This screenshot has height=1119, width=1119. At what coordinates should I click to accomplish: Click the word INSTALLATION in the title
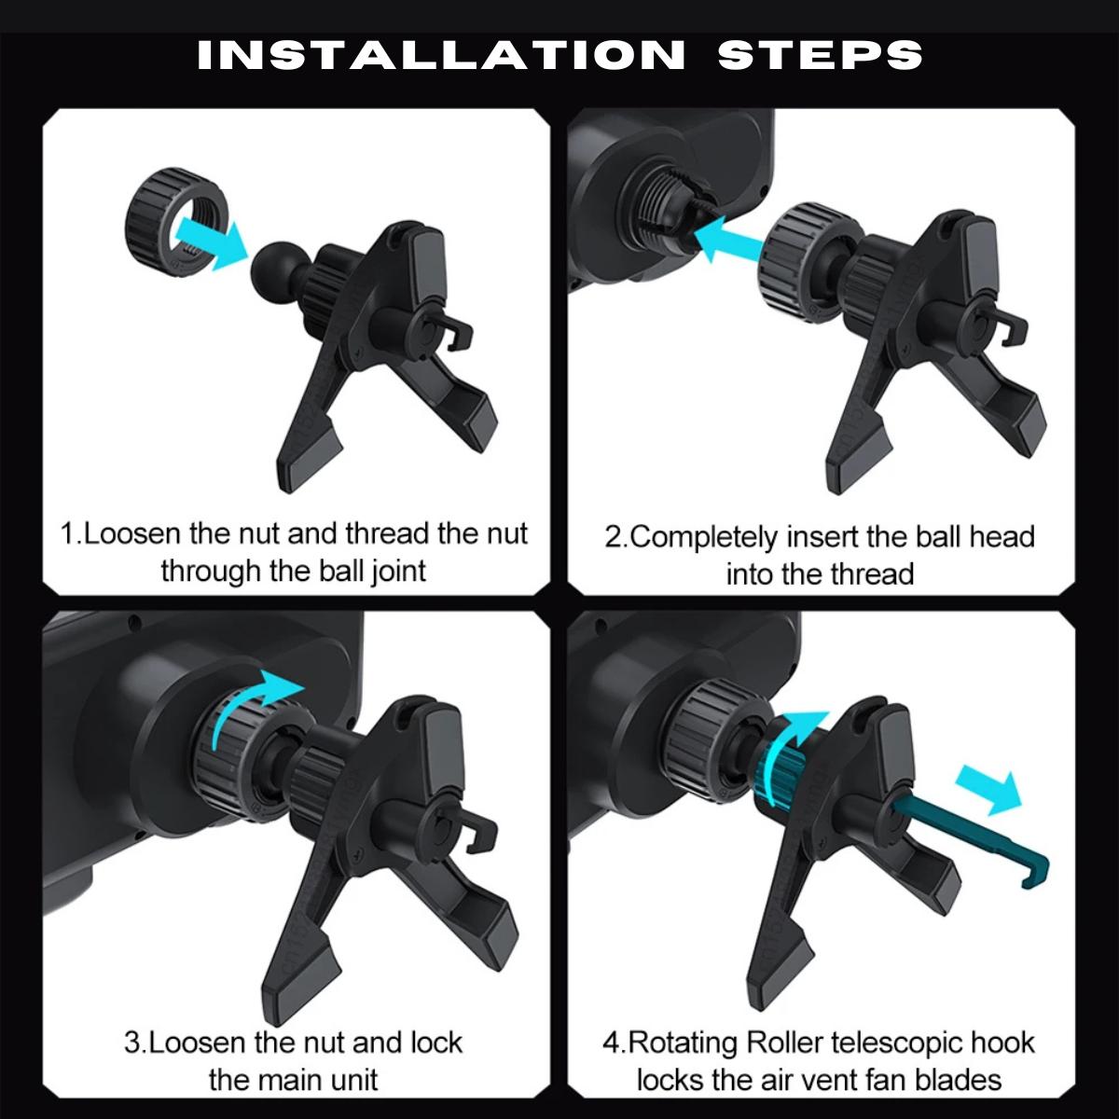[x=441, y=55]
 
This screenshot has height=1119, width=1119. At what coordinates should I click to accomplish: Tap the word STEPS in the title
[x=820, y=55]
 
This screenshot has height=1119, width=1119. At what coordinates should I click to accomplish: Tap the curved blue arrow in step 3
[x=256, y=703]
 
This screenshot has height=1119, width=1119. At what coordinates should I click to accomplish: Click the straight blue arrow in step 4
[x=988, y=791]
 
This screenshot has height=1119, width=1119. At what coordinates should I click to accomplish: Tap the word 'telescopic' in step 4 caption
[x=897, y=1043]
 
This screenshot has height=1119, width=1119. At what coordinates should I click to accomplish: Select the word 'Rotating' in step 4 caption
[x=683, y=1043]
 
